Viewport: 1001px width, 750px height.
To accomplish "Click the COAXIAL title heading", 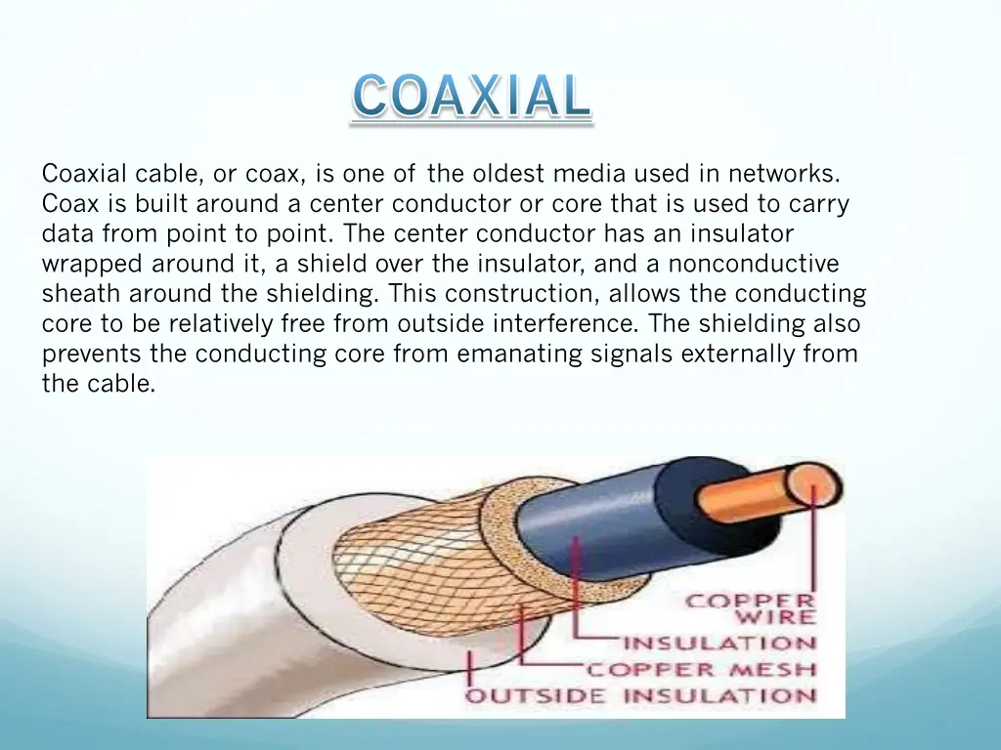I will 471,98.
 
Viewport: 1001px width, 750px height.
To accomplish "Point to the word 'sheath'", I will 81,294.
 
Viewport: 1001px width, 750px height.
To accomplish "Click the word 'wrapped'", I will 84,264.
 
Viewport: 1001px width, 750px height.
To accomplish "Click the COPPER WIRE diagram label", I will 751,608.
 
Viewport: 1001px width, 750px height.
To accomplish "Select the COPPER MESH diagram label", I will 701,670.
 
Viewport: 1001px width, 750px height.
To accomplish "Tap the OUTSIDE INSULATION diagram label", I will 640,696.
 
